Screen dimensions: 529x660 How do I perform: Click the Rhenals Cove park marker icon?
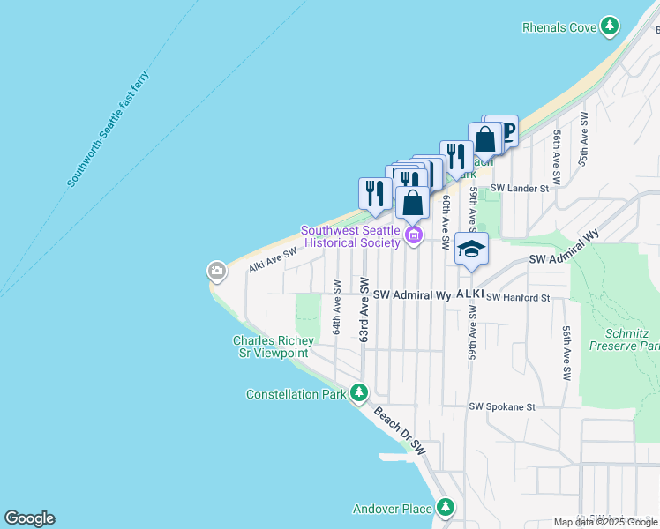tap(609, 27)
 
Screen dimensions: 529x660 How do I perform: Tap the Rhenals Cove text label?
tap(559, 27)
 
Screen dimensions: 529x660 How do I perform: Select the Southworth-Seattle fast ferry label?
tap(109, 129)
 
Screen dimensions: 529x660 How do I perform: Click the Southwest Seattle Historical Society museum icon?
tap(413, 235)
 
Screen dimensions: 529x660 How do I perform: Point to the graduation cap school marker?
tap(471, 250)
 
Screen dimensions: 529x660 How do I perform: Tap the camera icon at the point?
tap(217, 270)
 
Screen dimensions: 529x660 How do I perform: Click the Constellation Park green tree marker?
tap(358, 393)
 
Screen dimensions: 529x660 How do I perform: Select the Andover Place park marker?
tap(446, 507)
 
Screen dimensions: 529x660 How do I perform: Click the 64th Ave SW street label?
tap(336, 307)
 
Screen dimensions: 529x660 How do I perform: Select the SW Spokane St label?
tap(502, 407)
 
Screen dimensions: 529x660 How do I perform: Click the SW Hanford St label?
tap(518, 298)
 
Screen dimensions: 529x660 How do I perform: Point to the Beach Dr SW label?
tap(399, 431)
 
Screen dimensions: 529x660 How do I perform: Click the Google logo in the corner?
tap(29, 518)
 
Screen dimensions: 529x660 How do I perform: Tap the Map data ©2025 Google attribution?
tap(604, 522)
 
